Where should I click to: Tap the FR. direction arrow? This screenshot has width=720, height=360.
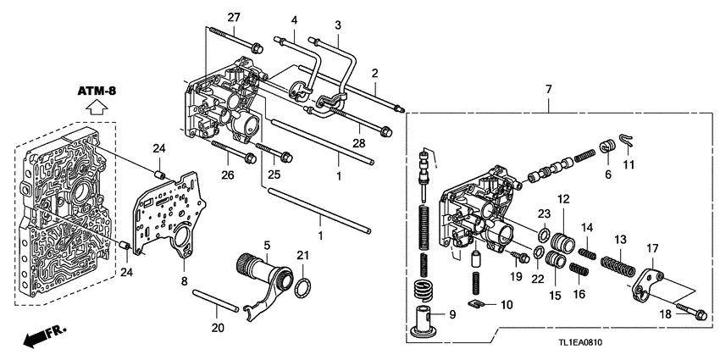39,338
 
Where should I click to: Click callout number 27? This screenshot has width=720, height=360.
234,18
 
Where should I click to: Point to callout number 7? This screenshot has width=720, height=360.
548,89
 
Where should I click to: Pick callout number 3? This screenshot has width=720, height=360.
337,26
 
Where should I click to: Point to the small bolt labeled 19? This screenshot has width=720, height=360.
520,257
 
